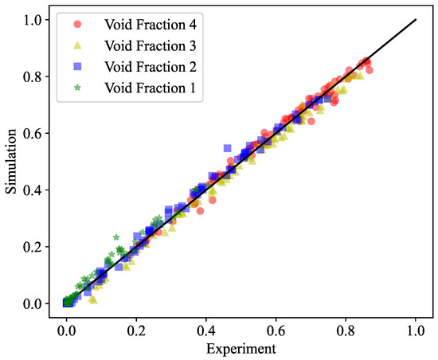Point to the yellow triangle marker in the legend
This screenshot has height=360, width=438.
click(x=76, y=45)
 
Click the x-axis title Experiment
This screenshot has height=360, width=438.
click(x=241, y=349)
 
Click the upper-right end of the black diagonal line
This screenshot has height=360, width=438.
click(x=416, y=21)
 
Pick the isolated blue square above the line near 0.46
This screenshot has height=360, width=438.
click(x=228, y=148)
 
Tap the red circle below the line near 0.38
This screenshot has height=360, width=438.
click(x=201, y=211)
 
